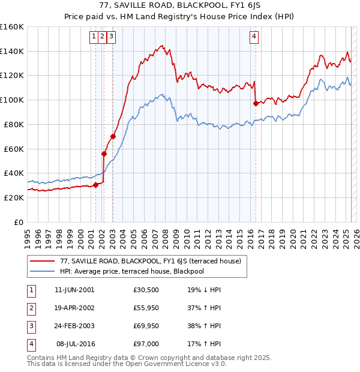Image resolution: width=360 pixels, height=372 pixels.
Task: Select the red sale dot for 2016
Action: coord(256,103)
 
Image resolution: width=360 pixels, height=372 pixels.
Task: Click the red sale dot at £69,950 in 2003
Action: coord(113,136)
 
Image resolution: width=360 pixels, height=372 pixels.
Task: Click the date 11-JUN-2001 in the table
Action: coord(74,290)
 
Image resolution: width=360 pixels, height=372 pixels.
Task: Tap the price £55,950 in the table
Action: coord(146,308)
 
